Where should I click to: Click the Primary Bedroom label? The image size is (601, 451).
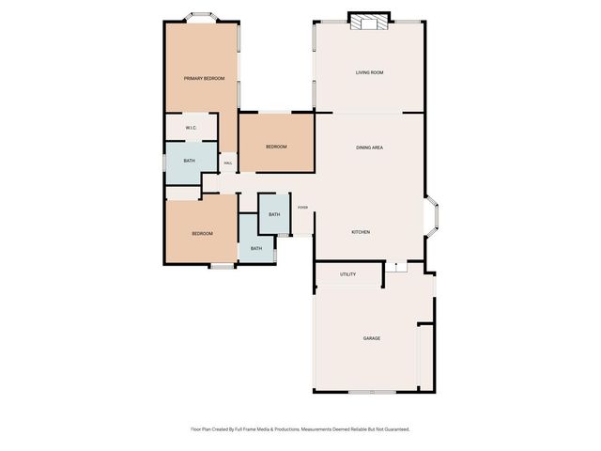click(204, 78)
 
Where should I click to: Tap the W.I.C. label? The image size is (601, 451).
click(190, 128)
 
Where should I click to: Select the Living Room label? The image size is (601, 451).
click(369, 72)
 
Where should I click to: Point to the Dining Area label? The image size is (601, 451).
click(369, 148)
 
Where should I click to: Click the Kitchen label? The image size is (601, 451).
click(362, 232)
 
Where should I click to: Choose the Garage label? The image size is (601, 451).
click(371, 338)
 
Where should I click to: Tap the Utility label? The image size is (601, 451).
click(347, 274)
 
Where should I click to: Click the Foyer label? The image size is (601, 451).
click(302, 208)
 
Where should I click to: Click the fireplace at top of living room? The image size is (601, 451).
click(367, 23)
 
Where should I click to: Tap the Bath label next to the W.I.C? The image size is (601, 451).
click(189, 161)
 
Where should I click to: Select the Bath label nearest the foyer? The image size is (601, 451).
click(273, 215)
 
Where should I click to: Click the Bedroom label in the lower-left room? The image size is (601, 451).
click(202, 233)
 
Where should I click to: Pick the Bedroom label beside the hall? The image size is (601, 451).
click(275, 147)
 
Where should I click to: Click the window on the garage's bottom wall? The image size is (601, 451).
click(372, 391)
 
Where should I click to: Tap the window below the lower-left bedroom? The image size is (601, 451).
click(222, 266)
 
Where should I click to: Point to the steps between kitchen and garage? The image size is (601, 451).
click(398, 269)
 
